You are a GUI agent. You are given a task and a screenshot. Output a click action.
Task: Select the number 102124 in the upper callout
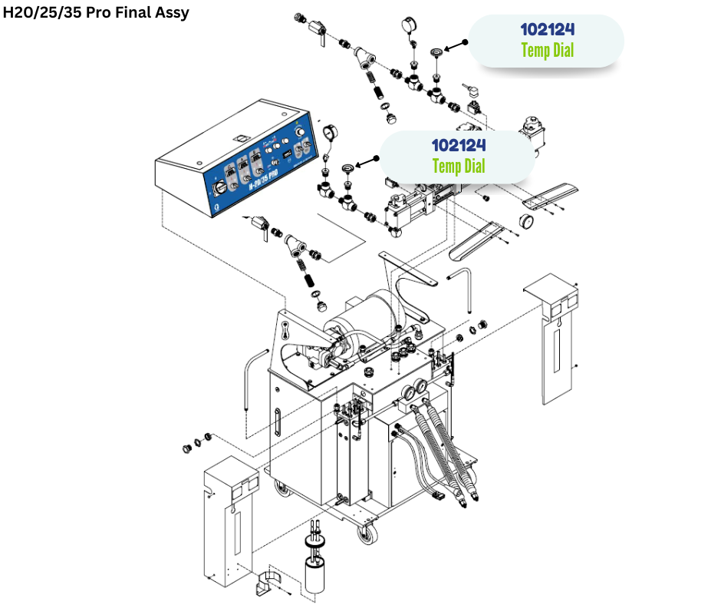click(x=547, y=31)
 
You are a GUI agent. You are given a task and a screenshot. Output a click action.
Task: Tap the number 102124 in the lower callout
click(x=458, y=144)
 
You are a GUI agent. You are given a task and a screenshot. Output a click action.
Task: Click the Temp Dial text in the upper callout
click(x=547, y=51)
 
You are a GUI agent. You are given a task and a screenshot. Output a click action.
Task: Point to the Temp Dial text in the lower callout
click(x=458, y=165)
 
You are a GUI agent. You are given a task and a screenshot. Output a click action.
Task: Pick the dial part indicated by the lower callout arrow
click(x=350, y=167)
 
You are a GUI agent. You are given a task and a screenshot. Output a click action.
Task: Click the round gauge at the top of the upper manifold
click(x=407, y=27)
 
